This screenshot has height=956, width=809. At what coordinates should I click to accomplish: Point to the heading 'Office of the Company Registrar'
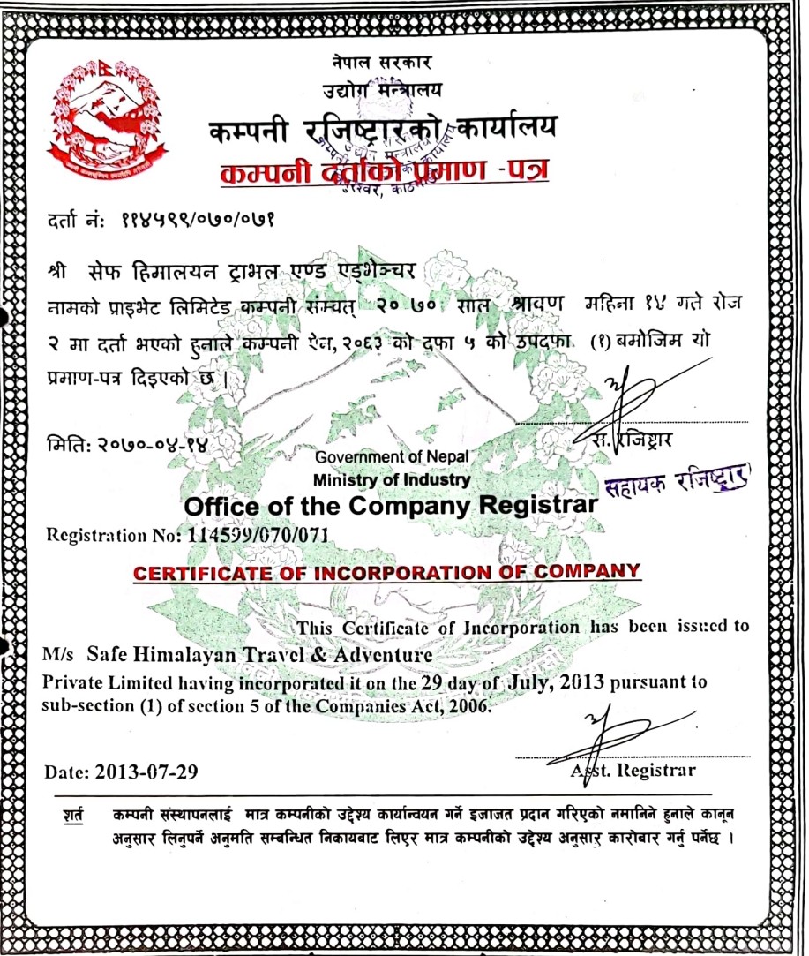point(391,506)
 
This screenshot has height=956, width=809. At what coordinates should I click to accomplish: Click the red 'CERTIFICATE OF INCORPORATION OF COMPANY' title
point(386,572)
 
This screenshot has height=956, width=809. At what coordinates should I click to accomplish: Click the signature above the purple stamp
point(644,389)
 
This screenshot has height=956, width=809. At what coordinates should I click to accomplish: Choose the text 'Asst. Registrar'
point(633,771)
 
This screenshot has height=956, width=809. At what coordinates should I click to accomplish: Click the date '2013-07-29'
point(145,772)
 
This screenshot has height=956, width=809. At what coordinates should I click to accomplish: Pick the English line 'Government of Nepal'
point(392,456)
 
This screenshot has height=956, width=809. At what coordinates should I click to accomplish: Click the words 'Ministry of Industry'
point(392,480)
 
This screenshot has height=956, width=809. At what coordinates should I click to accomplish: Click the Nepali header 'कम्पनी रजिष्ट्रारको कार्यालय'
point(383,130)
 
